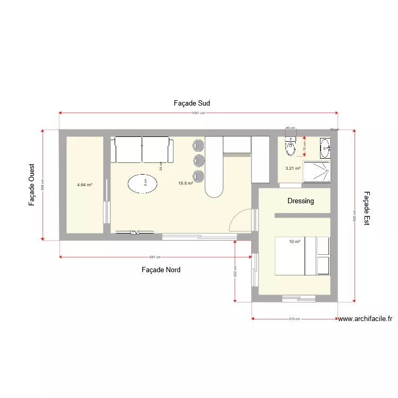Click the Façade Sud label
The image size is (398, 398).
point(192,103)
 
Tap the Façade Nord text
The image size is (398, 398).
point(161,270)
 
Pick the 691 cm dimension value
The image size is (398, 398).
point(155,257)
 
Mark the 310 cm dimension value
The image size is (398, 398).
point(294,319)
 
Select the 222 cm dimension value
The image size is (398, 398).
point(235,271)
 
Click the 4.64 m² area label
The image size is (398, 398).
point(84,185)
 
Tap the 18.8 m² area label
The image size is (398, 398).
point(186,183)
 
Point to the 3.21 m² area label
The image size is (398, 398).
point(293,168)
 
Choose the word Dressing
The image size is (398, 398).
point(300,201)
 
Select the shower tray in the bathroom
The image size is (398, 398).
point(317,172)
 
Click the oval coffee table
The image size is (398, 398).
point(143,184)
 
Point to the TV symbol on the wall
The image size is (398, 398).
point(135,232)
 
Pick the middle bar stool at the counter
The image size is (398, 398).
point(198,160)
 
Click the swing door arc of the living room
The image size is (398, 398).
point(240,219)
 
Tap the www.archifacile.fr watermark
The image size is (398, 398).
point(365,319)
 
